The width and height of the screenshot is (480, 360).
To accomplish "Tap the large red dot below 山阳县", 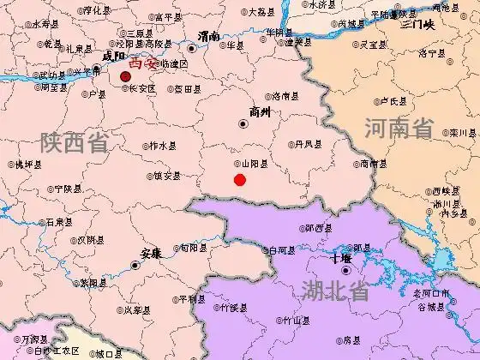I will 240,180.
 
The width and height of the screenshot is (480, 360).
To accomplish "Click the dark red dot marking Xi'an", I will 125,76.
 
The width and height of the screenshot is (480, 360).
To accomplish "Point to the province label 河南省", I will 399,130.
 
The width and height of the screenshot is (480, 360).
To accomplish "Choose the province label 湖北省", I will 335,291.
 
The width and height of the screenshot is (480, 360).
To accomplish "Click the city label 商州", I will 259,111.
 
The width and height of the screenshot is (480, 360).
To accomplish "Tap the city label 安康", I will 151,253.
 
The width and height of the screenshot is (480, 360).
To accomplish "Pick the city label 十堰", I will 341,258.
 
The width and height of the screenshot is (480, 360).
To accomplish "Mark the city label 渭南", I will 207,36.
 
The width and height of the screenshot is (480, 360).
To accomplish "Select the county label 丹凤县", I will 308,143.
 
